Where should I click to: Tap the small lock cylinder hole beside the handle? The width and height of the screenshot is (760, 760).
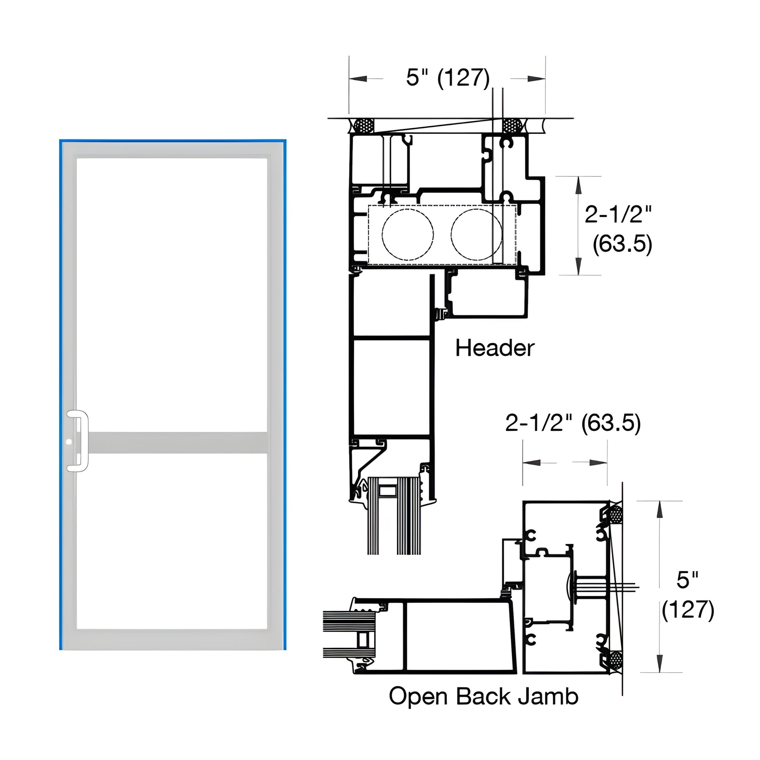pyautogui.click(x=70, y=442)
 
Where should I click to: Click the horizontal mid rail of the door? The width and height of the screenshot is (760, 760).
pyautogui.click(x=177, y=442)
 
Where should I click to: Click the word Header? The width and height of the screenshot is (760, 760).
pyautogui.click(x=494, y=348)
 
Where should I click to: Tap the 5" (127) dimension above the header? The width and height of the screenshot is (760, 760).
pyautogui.click(x=447, y=77)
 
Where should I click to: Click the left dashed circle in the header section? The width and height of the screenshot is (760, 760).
pyautogui.click(x=408, y=234)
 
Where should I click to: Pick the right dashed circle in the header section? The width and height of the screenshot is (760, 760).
pyautogui.click(x=476, y=234)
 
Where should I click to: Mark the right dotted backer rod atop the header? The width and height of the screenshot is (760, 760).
pyautogui.click(x=511, y=126)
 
